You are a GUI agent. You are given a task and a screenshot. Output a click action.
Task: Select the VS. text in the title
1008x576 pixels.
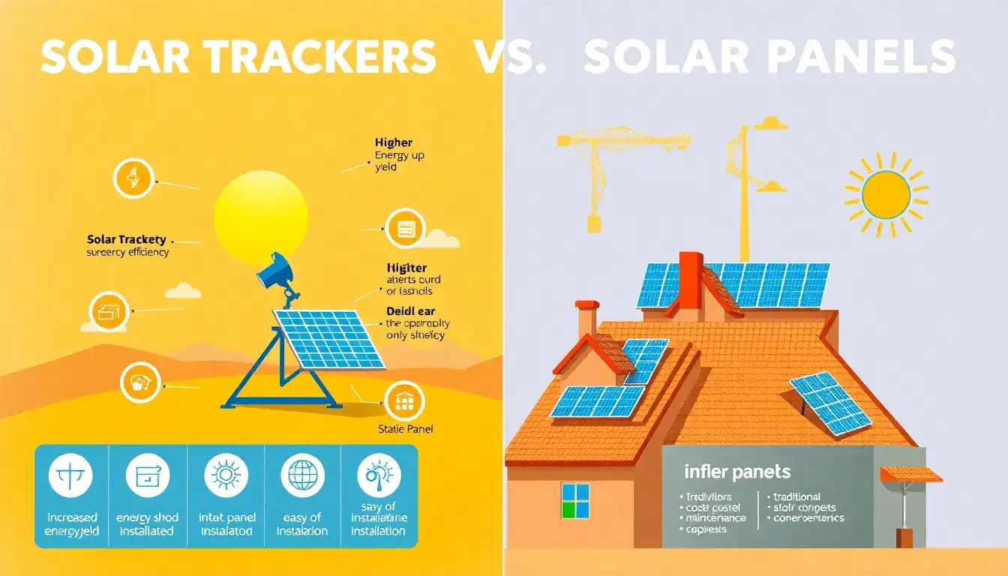(x=510, y=57)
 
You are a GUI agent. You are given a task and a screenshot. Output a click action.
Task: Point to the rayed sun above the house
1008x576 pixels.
(x=886, y=194)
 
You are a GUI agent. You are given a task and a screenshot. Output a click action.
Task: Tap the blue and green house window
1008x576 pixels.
(x=575, y=500)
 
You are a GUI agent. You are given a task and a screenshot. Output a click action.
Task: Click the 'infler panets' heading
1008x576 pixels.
(x=736, y=472)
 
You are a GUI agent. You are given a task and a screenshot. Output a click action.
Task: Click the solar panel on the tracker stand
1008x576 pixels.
(x=328, y=339)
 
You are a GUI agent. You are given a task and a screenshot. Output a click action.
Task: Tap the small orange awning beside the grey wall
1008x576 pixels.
(x=910, y=474)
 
